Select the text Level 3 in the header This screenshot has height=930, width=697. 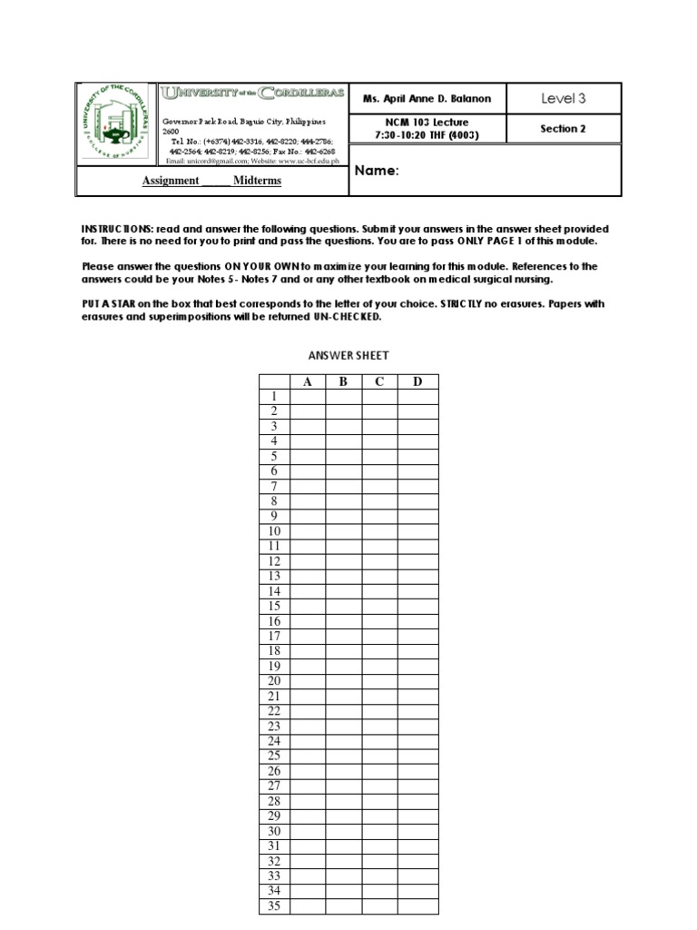pyautogui.click(x=564, y=99)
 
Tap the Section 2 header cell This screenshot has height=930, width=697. pyautogui.click(x=564, y=129)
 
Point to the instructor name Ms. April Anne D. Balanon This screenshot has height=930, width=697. pyautogui.click(x=427, y=99)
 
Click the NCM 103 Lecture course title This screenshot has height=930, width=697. pyautogui.click(x=427, y=122)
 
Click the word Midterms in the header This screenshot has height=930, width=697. pyautogui.click(x=257, y=181)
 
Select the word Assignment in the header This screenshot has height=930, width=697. pyautogui.click(x=171, y=181)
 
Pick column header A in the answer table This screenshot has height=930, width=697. pyautogui.click(x=308, y=382)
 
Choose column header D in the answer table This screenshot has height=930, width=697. pyautogui.click(x=417, y=382)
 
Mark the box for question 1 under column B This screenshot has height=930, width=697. pyautogui.click(x=344, y=397)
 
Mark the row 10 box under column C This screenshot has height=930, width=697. pyautogui.click(x=379, y=531)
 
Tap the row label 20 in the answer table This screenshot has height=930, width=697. pyautogui.click(x=274, y=681)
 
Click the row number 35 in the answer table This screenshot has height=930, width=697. pyautogui.click(x=274, y=906)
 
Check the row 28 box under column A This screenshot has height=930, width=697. pyautogui.click(x=308, y=801)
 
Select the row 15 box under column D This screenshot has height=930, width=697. pyautogui.click(x=417, y=607)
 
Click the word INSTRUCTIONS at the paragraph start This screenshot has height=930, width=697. pyautogui.click(x=117, y=229)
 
